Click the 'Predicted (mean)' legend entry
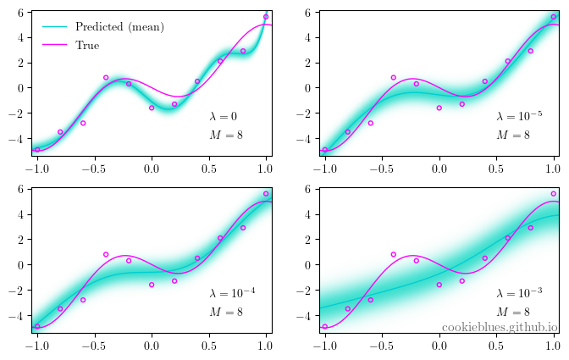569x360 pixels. [x=119, y=27]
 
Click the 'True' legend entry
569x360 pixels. [x=87, y=45]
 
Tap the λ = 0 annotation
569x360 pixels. [x=224, y=117]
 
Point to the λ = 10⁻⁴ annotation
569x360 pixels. [x=232, y=294]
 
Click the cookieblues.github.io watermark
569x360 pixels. [x=500, y=327]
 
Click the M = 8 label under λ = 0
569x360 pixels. [x=226, y=135]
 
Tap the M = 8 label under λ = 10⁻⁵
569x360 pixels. [x=513, y=135]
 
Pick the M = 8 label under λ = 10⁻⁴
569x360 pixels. [x=226, y=312]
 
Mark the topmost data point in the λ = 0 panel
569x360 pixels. [x=266, y=16]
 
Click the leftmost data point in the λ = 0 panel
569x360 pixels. [x=37, y=149]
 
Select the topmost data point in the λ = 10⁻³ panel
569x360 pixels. [x=554, y=193]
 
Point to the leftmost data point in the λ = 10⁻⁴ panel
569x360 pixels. [x=37, y=326]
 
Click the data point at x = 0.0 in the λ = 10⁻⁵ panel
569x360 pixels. [x=439, y=108]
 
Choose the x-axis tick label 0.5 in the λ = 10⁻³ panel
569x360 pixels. [x=496, y=345]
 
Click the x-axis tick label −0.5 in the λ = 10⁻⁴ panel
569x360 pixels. [x=92, y=345]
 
